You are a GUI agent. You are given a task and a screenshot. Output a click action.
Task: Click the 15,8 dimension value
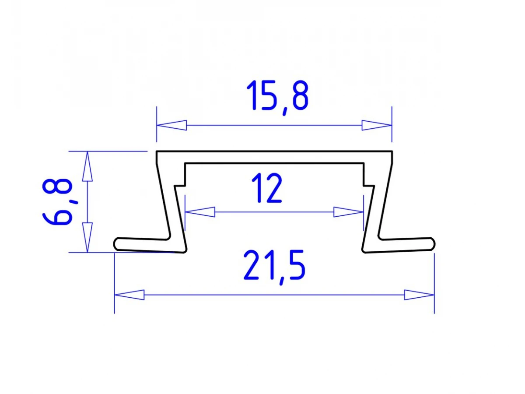[x=277, y=98]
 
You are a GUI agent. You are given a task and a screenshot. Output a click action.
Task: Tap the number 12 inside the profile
[x=266, y=188]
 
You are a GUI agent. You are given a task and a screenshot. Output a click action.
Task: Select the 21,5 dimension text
[x=274, y=267]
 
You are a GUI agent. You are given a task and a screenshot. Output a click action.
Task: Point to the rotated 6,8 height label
[x=57, y=202]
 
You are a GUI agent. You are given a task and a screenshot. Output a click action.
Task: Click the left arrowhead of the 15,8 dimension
[x=171, y=125]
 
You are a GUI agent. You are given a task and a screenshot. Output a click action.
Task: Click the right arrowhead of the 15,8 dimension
[x=377, y=125]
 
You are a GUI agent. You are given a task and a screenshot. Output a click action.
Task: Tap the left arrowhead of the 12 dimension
[x=200, y=212]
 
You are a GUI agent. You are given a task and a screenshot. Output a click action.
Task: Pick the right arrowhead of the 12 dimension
[x=349, y=212]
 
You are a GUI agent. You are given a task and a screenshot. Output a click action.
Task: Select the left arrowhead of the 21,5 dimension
[x=129, y=295]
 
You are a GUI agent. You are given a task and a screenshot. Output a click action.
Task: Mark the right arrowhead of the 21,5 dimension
[x=419, y=295]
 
